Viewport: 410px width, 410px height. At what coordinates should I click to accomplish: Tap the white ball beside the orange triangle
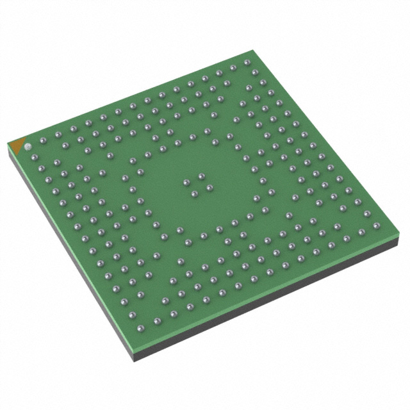(x=28, y=147)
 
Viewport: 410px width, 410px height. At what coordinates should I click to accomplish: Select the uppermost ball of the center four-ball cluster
(x=201, y=175)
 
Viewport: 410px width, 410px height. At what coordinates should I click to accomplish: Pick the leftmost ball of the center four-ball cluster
(x=186, y=183)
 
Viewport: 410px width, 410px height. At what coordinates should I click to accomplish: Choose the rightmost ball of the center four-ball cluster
(x=209, y=187)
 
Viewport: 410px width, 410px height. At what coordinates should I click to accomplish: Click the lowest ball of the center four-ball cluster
(x=194, y=193)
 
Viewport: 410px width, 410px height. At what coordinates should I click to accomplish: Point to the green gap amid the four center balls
(x=197, y=184)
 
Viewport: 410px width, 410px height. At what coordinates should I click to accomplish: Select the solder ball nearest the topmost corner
(x=247, y=63)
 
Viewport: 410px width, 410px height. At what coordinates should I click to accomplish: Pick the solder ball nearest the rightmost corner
(x=375, y=224)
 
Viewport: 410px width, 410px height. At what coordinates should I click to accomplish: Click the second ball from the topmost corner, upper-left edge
(x=233, y=67)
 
